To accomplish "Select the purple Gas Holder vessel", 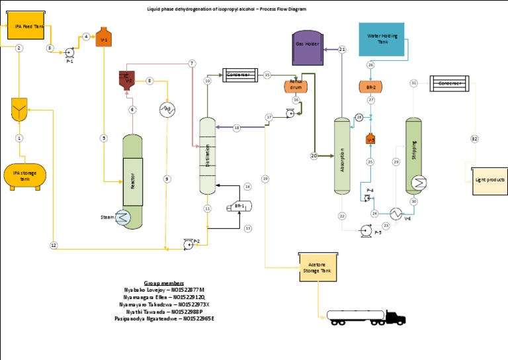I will (308, 47).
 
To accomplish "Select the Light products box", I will (491, 180).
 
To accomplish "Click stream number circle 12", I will (54, 245).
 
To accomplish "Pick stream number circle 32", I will (474, 138).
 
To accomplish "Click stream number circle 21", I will (342, 50).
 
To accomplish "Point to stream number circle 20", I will (314, 156).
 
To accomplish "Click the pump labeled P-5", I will (364, 230).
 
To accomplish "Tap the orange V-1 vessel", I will (103, 37).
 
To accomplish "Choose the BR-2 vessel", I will (371, 87).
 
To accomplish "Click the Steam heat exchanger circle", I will (123, 217).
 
